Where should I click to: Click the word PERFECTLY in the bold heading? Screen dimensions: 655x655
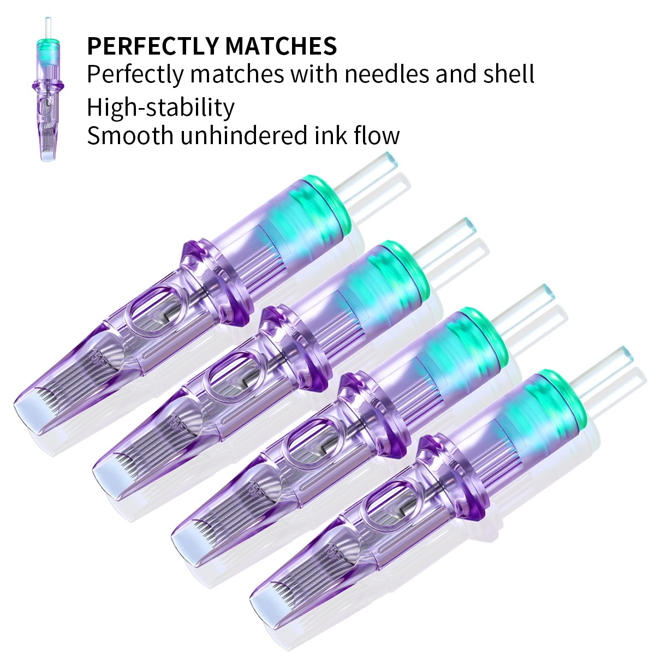(x=152, y=46)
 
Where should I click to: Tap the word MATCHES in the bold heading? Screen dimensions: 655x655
(x=281, y=46)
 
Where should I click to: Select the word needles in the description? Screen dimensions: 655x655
(x=386, y=74)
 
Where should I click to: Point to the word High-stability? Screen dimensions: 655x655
(x=160, y=108)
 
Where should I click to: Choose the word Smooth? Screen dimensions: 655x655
(x=130, y=135)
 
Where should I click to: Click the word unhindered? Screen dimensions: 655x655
(x=244, y=135)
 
